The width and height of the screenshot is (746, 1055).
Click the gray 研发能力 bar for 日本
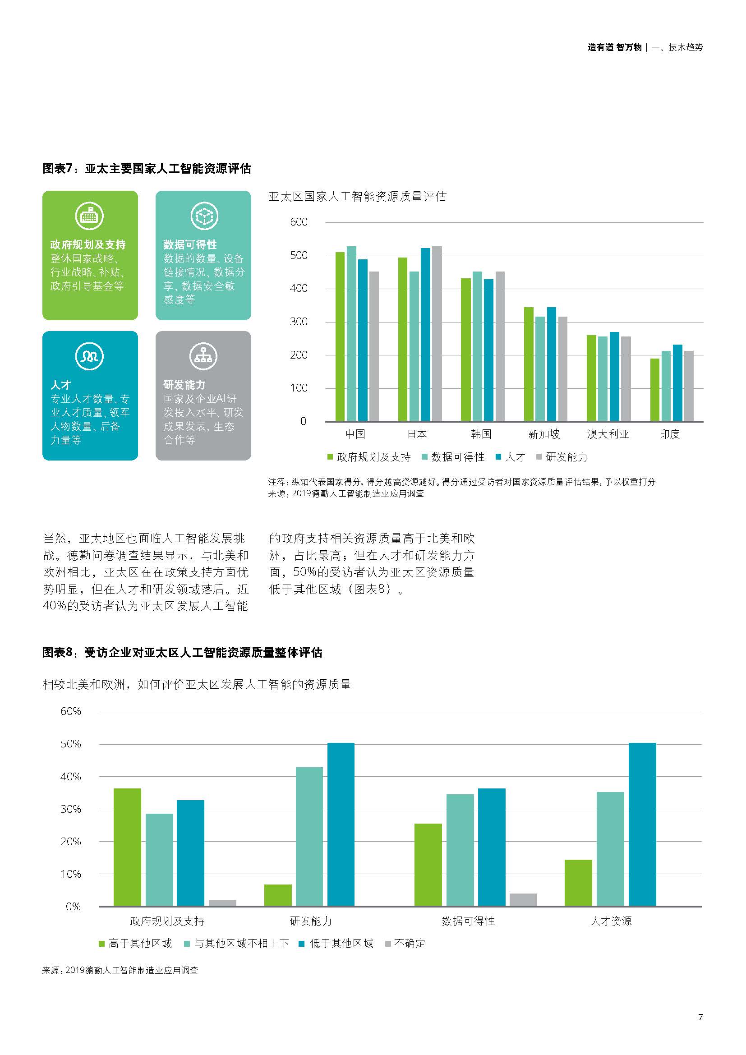tap(437, 334)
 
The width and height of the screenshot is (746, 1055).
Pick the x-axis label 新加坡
tap(544, 434)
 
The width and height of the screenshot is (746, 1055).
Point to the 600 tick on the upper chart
tap(299, 222)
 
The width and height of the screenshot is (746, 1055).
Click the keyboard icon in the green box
tap(90, 216)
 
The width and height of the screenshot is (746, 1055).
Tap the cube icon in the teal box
tap(204, 216)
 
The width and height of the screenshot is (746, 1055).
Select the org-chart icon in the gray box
tap(203, 356)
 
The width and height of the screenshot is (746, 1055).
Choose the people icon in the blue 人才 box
tap(90, 356)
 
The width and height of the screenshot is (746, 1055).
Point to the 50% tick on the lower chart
tap(71, 744)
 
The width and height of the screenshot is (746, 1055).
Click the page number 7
tap(700, 1017)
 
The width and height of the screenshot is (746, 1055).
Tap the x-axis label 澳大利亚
tap(608, 434)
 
